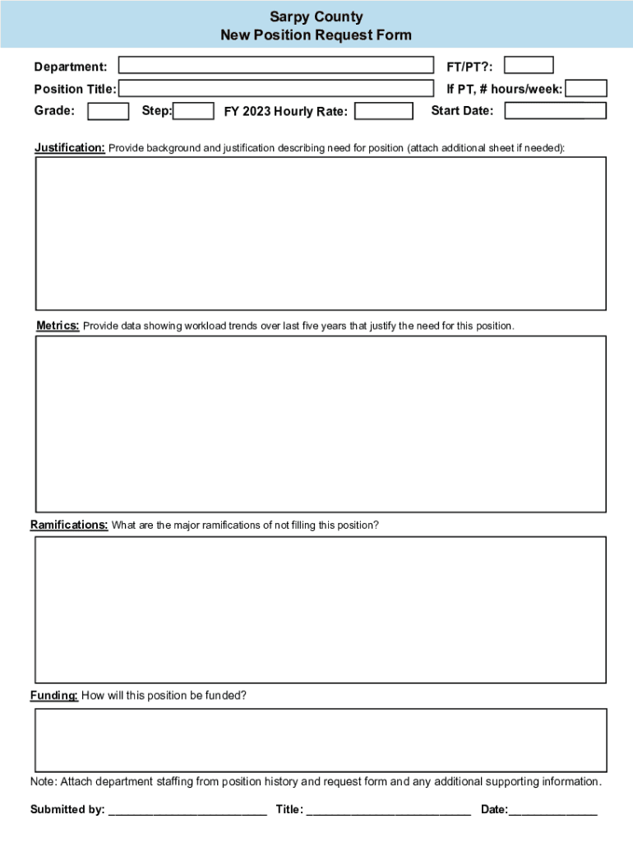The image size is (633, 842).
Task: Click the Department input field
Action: point(276,66)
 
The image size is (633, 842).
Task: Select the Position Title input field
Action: point(276,89)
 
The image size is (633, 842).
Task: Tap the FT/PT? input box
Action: point(529,65)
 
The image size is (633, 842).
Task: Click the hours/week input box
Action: point(587,89)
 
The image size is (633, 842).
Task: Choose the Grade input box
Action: point(108,111)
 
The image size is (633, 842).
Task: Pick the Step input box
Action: point(194,111)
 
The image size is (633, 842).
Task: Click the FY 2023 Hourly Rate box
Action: point(384,111)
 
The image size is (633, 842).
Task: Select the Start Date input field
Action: point(555,111)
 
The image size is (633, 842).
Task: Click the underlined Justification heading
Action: point(70,148)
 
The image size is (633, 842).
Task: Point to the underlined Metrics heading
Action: point(58,326)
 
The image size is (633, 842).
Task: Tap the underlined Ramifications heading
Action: point(69,525)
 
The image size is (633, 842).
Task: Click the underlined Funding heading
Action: point(54,696)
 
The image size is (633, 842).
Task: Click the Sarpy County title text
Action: point(316,17)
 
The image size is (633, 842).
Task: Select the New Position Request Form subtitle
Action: point(316,35)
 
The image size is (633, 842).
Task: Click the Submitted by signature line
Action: point(187,811)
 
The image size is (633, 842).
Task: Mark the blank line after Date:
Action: point(552,811)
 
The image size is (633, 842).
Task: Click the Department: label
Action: point(70,67)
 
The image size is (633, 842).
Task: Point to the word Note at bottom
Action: point(43,781)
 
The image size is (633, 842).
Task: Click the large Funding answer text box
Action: point(321,740)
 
